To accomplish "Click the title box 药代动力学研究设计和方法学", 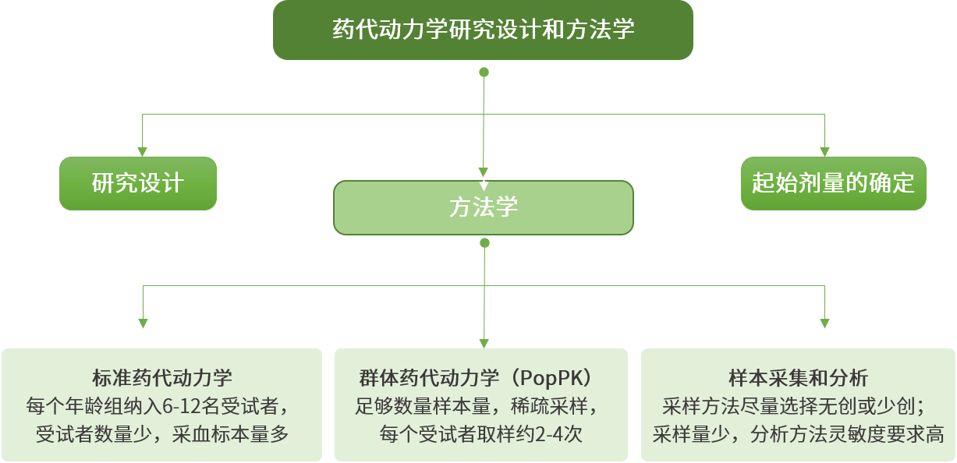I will (x=483, y=30).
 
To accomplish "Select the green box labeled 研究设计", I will (x=138, y=183).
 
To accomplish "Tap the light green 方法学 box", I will (x=484, y=207).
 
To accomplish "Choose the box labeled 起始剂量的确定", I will (x=833, y=183).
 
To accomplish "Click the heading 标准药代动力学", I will (x=162, y=379).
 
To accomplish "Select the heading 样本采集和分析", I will (x=798, y=379).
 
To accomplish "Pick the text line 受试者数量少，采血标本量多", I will (x=162, y=433).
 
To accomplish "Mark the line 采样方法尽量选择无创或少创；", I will (x=798, y=406).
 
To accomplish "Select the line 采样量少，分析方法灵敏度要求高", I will (x=798, y=433).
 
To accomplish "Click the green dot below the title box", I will (x=484, y=72).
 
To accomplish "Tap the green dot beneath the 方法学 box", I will (x=484, y=243).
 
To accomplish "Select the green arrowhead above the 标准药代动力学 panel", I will (x=142, y=323).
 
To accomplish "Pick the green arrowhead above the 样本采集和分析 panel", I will (x=824, y=323).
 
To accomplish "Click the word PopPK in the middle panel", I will (x=555, y=379).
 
